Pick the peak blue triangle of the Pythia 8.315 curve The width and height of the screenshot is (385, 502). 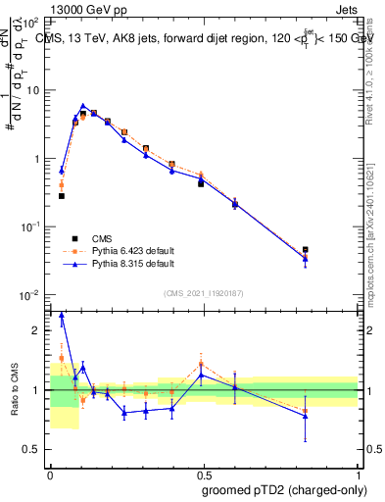point(83,106)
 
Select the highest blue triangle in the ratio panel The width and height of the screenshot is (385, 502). point(62,316)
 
